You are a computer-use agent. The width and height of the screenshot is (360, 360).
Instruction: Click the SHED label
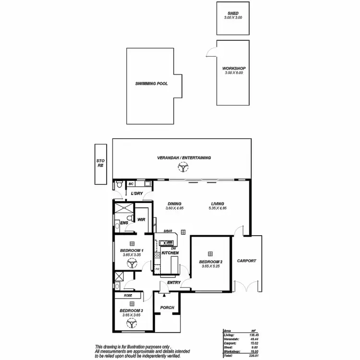(233, 13)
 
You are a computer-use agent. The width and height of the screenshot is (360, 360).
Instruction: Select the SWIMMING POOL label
(152, 84)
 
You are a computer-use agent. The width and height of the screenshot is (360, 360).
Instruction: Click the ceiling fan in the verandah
(183, 168)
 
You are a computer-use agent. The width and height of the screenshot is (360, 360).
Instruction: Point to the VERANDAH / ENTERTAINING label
(184, 157)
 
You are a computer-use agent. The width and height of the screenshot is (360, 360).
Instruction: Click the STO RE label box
(100, 164)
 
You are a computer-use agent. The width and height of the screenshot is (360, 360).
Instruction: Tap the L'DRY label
(137, 193)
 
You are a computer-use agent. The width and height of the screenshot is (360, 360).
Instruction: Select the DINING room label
(175, 203)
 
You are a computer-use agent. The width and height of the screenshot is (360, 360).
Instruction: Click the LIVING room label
(216, 203)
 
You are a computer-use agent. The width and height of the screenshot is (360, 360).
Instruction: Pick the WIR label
(142, 219)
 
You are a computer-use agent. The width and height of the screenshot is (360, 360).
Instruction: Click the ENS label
(124, 223)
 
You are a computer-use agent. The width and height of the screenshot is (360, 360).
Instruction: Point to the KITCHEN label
(170, 252)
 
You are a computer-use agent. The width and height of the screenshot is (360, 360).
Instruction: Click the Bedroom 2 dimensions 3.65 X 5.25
(210, 266)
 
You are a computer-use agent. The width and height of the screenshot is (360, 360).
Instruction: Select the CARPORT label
(247, 261)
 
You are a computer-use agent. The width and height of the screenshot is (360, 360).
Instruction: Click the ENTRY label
(174, 283)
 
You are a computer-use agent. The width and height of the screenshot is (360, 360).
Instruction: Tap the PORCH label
(167, 308)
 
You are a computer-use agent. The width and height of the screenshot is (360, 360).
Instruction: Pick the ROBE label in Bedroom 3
(128, 296)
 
